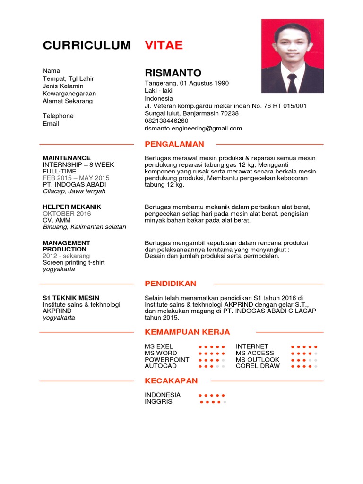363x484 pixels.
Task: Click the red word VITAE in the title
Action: point(164,45)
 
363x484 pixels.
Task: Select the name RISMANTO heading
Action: point(173,73)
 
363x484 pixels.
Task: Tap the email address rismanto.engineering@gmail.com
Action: point(193,128)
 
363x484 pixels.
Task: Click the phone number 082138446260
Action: point(166,121)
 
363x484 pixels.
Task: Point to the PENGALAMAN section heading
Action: point(174,144)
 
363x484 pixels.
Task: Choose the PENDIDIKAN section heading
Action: point(171,284)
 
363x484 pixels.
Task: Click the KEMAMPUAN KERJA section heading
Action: point(187,332)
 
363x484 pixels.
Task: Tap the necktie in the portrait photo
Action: point(292,84)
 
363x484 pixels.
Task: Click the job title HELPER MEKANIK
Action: point(72,207)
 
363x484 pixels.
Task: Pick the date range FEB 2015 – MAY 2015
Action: point(76,178)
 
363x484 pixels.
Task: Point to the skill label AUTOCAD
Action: point(161,366)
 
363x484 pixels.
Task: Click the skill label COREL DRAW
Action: point(258,366)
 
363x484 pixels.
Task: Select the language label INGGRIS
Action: point(159,402)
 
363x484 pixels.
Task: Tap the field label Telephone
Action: point(58,116)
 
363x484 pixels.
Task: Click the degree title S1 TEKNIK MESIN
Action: point(71,298)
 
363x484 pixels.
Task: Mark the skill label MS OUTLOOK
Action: point(258,360)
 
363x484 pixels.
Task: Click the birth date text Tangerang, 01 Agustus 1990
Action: point(187,83)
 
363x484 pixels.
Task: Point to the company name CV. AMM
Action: point(56,220)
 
